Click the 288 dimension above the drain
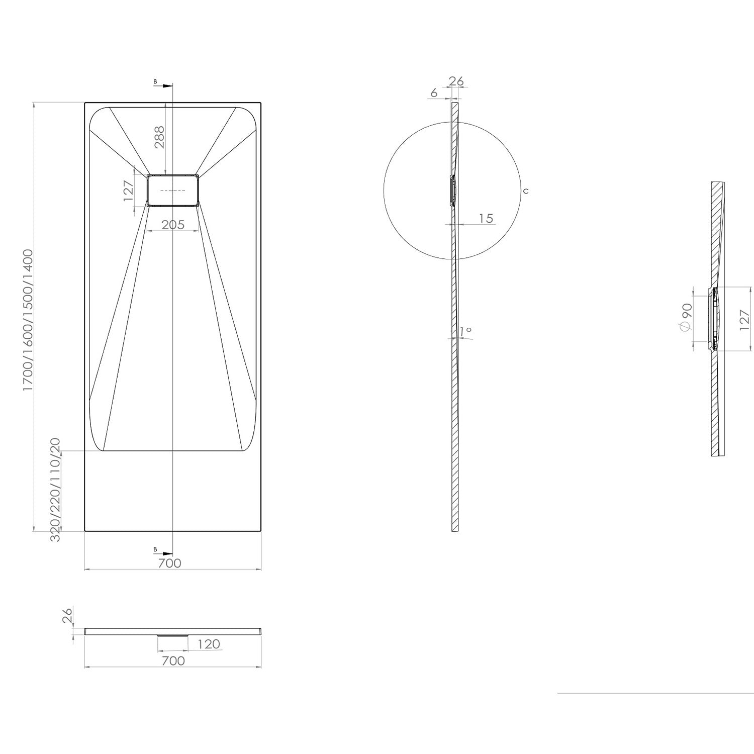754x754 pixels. click(159, 137)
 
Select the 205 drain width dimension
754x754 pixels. click(173, 225)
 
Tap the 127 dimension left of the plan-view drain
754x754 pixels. click(128, 191)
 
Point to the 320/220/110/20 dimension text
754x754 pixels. click(55, 490)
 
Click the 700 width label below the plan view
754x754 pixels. click(169, 563)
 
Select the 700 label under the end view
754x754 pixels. click(173, 661)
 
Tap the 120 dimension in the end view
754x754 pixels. click(209, 644)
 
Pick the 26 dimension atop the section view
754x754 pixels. click(456, 81)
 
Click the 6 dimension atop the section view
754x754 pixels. click(434, 93)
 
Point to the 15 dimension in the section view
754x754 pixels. click(486, 219)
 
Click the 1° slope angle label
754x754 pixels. click(465, 331)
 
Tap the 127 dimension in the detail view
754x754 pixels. click(744, 319)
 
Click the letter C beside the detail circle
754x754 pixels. click(526, 192)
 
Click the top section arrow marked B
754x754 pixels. click(164, 85)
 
